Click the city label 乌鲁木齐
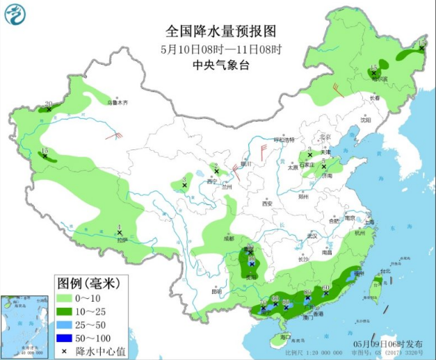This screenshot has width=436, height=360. pos(118,103)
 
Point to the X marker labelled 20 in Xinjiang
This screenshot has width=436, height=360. pos(49,109)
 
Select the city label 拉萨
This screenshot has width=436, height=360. pos(122,240)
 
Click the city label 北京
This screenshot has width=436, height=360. pos(321,137)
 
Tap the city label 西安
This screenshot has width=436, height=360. pos(267,204)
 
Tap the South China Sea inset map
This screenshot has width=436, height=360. pos(24,324)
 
